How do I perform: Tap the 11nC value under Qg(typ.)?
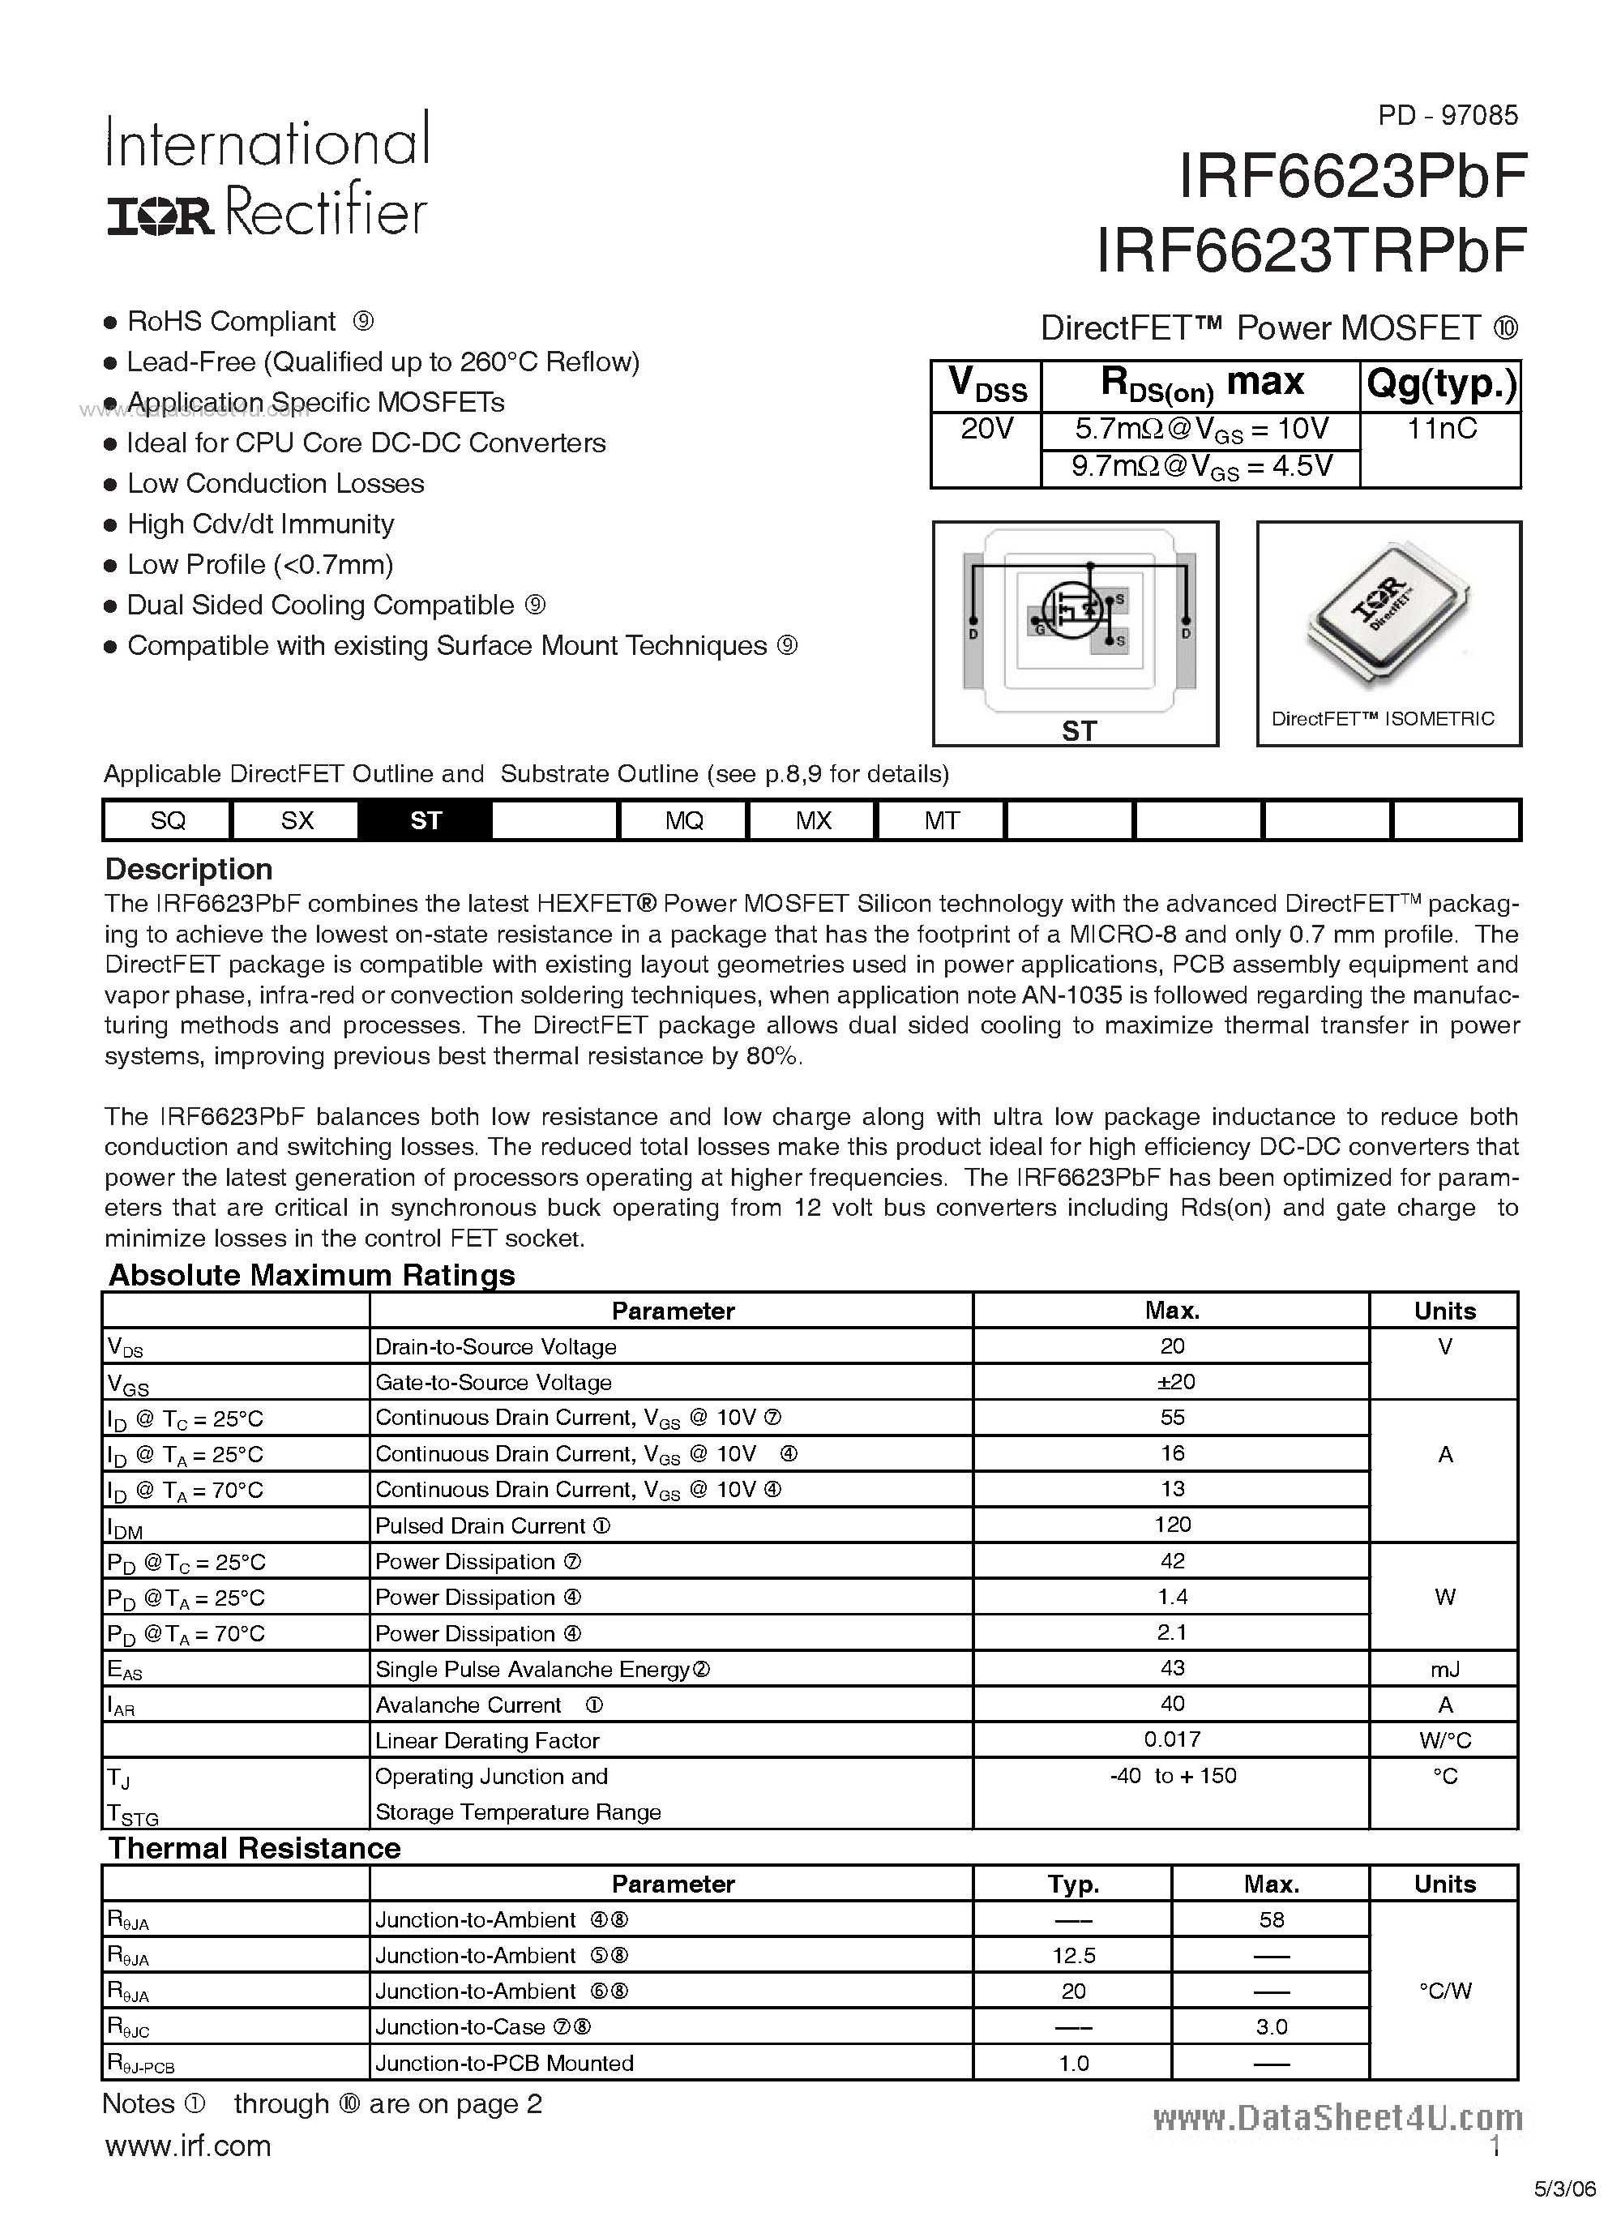(1440, 429)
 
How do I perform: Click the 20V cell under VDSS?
(986, 429)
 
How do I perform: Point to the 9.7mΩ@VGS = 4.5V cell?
(1200, 466)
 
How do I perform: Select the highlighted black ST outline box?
(426, 820)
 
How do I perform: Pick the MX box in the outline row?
(813, 820)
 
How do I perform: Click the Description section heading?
(189, 869)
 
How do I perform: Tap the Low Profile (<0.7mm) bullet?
(259, 564)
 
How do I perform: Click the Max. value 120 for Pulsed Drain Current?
(1172, 1525)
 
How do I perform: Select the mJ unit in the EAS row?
(1444, 1669)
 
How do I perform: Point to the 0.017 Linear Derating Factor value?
(1172, 1739)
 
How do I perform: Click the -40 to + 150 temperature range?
(1172, 1776)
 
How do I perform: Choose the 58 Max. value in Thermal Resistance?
(1271, 1919)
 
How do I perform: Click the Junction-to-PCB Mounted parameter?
(504, 2063)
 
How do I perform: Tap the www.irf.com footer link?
(188, 2146)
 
